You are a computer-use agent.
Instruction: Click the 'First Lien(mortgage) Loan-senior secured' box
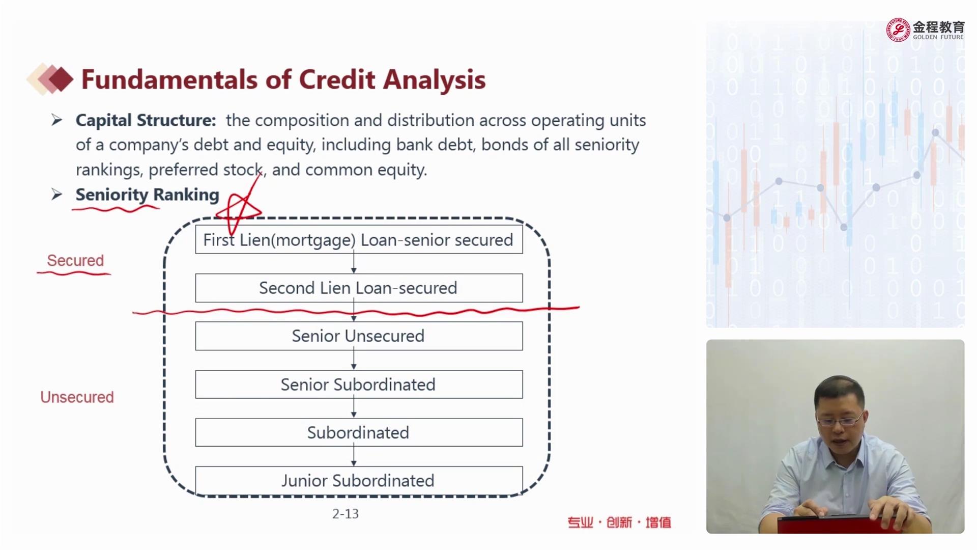click(x=359, y=239)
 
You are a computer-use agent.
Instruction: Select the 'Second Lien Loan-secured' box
click(x=359, y=288)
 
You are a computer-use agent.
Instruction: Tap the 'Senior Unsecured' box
click(x=359, y=336)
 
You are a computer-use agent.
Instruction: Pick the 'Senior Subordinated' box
click(x=359, y=384)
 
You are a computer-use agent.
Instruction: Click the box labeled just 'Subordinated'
click(x=359, y=432)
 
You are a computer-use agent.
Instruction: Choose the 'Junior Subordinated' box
click(x=359, y=480)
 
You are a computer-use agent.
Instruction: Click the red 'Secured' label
click(x=75, y=261)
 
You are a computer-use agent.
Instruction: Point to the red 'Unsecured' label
click(x=77, y=397)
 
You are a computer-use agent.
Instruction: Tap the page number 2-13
click(x=346, y=514)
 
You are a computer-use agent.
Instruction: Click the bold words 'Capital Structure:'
click(x=146, y=120)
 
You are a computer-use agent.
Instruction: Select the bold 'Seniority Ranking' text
click(x=147, y=195)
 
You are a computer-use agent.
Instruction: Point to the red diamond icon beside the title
click(x=61, y=79)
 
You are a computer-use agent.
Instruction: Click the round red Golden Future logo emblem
click(x=898, y=30)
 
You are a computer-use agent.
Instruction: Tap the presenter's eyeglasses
click(x=840, y=420)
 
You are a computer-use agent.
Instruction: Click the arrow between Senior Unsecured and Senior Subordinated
click(x=354, y=360)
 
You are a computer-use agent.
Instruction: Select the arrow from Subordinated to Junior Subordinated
click(x=354, y=456)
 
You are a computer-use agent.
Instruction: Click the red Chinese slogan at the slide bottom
click(x=619, y=522)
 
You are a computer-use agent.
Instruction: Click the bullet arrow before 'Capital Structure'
click(x=56, y=120)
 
